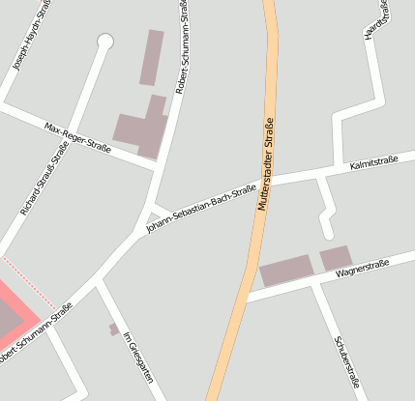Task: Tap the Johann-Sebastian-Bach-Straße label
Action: (200, 209)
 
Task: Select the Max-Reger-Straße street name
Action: (78, 138)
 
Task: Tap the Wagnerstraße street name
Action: (362, 268)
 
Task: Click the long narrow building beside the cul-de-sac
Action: (151, 57)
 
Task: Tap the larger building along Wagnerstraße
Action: (286, 272)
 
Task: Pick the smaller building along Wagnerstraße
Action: (336, 258)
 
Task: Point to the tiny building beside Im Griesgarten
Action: (114, 329)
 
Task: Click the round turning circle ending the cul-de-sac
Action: (105, 42)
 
